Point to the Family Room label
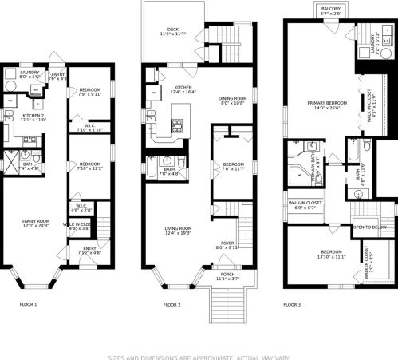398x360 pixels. click(x=33, y=223)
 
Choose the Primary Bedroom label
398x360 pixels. click(x=320, y=104)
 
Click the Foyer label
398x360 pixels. click(x=228, y=245)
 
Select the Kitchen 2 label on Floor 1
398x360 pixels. click(x=33, y=117)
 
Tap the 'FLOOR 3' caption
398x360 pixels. click(x=293, y=304)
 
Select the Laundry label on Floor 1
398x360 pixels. click(x=18, y=73)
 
